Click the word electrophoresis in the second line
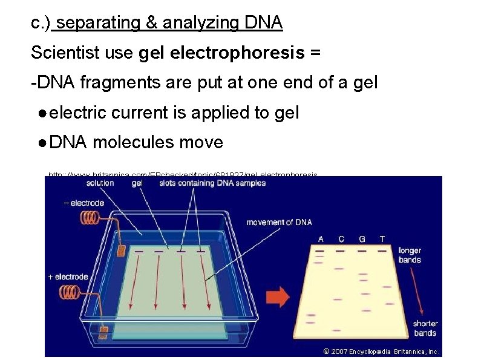(237, 53)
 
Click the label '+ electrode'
(68, 277)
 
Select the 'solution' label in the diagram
(100, 183)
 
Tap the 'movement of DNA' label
(279, 222)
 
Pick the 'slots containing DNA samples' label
(212, 183)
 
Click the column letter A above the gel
(321, 239)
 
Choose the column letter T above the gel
(382, 239)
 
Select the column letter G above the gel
(362, 239)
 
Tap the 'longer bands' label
(410, 255)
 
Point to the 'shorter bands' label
(425, 329)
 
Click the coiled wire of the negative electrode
(92, 216)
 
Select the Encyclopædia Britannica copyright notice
(381, 352)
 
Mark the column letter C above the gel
(341, 239)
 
